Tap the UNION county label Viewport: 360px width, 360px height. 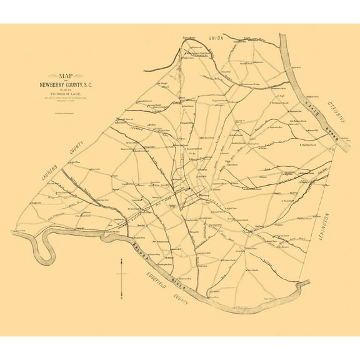tap(216, 39)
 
